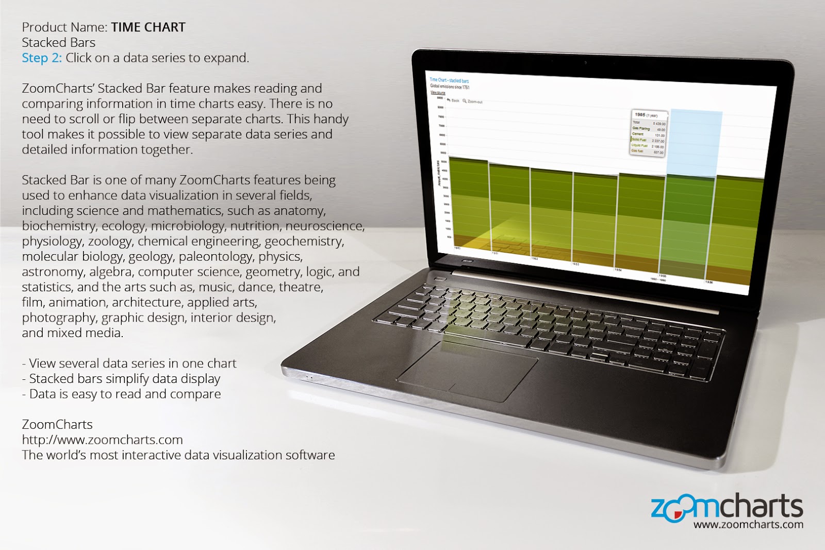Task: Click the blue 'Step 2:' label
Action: pyautogui.click(x=41, y=58)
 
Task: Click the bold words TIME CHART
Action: pyautogui.click(x=148, y=27)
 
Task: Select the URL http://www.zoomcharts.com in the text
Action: pyautogui.click(x=102, y=440)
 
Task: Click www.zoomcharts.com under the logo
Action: pyautogui.click(x=748, y=525)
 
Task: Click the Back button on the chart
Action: pyautogui.click(x=453, y=101)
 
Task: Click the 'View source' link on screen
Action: pyautogui.click(x=438, y=93)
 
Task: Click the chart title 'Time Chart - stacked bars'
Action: pyautogui.click(x=449, y=80)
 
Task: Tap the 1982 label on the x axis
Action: pyautogui.click(x=535, y=258)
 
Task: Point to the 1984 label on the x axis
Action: pyautogui.click(x=617, y=270)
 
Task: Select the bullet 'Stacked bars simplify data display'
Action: pyautogui.click(x=124, y=379)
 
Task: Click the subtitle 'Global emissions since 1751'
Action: pyautogui.click(x=450, y=87)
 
